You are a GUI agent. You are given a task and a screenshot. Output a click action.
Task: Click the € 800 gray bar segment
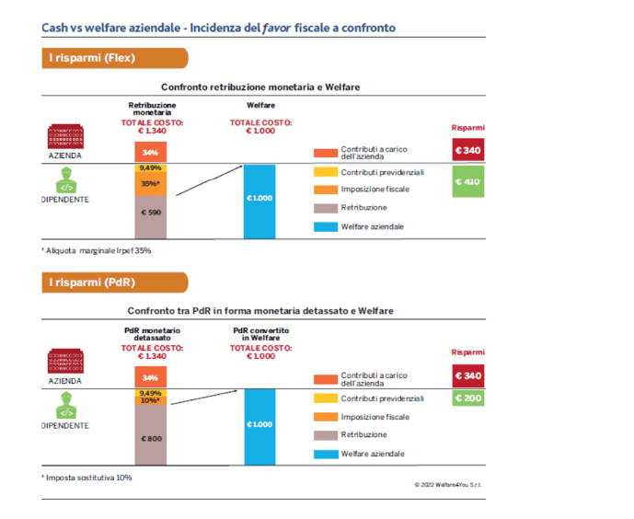click(151, 437)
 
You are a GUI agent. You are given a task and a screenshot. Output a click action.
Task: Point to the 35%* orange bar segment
click(151, 184)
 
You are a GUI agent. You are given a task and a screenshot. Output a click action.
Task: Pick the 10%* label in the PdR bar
click(151, 400)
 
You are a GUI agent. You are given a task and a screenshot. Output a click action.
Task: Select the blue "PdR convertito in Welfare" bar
click(259, 423)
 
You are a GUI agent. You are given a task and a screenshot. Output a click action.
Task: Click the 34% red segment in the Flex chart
click(151, 153)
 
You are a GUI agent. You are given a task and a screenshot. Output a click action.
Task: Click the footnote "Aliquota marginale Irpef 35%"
click(97, 250)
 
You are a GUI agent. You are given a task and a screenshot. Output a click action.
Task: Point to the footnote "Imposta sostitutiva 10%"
click(87, 478)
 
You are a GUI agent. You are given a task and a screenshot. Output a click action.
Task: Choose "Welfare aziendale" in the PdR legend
click(372, 454)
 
